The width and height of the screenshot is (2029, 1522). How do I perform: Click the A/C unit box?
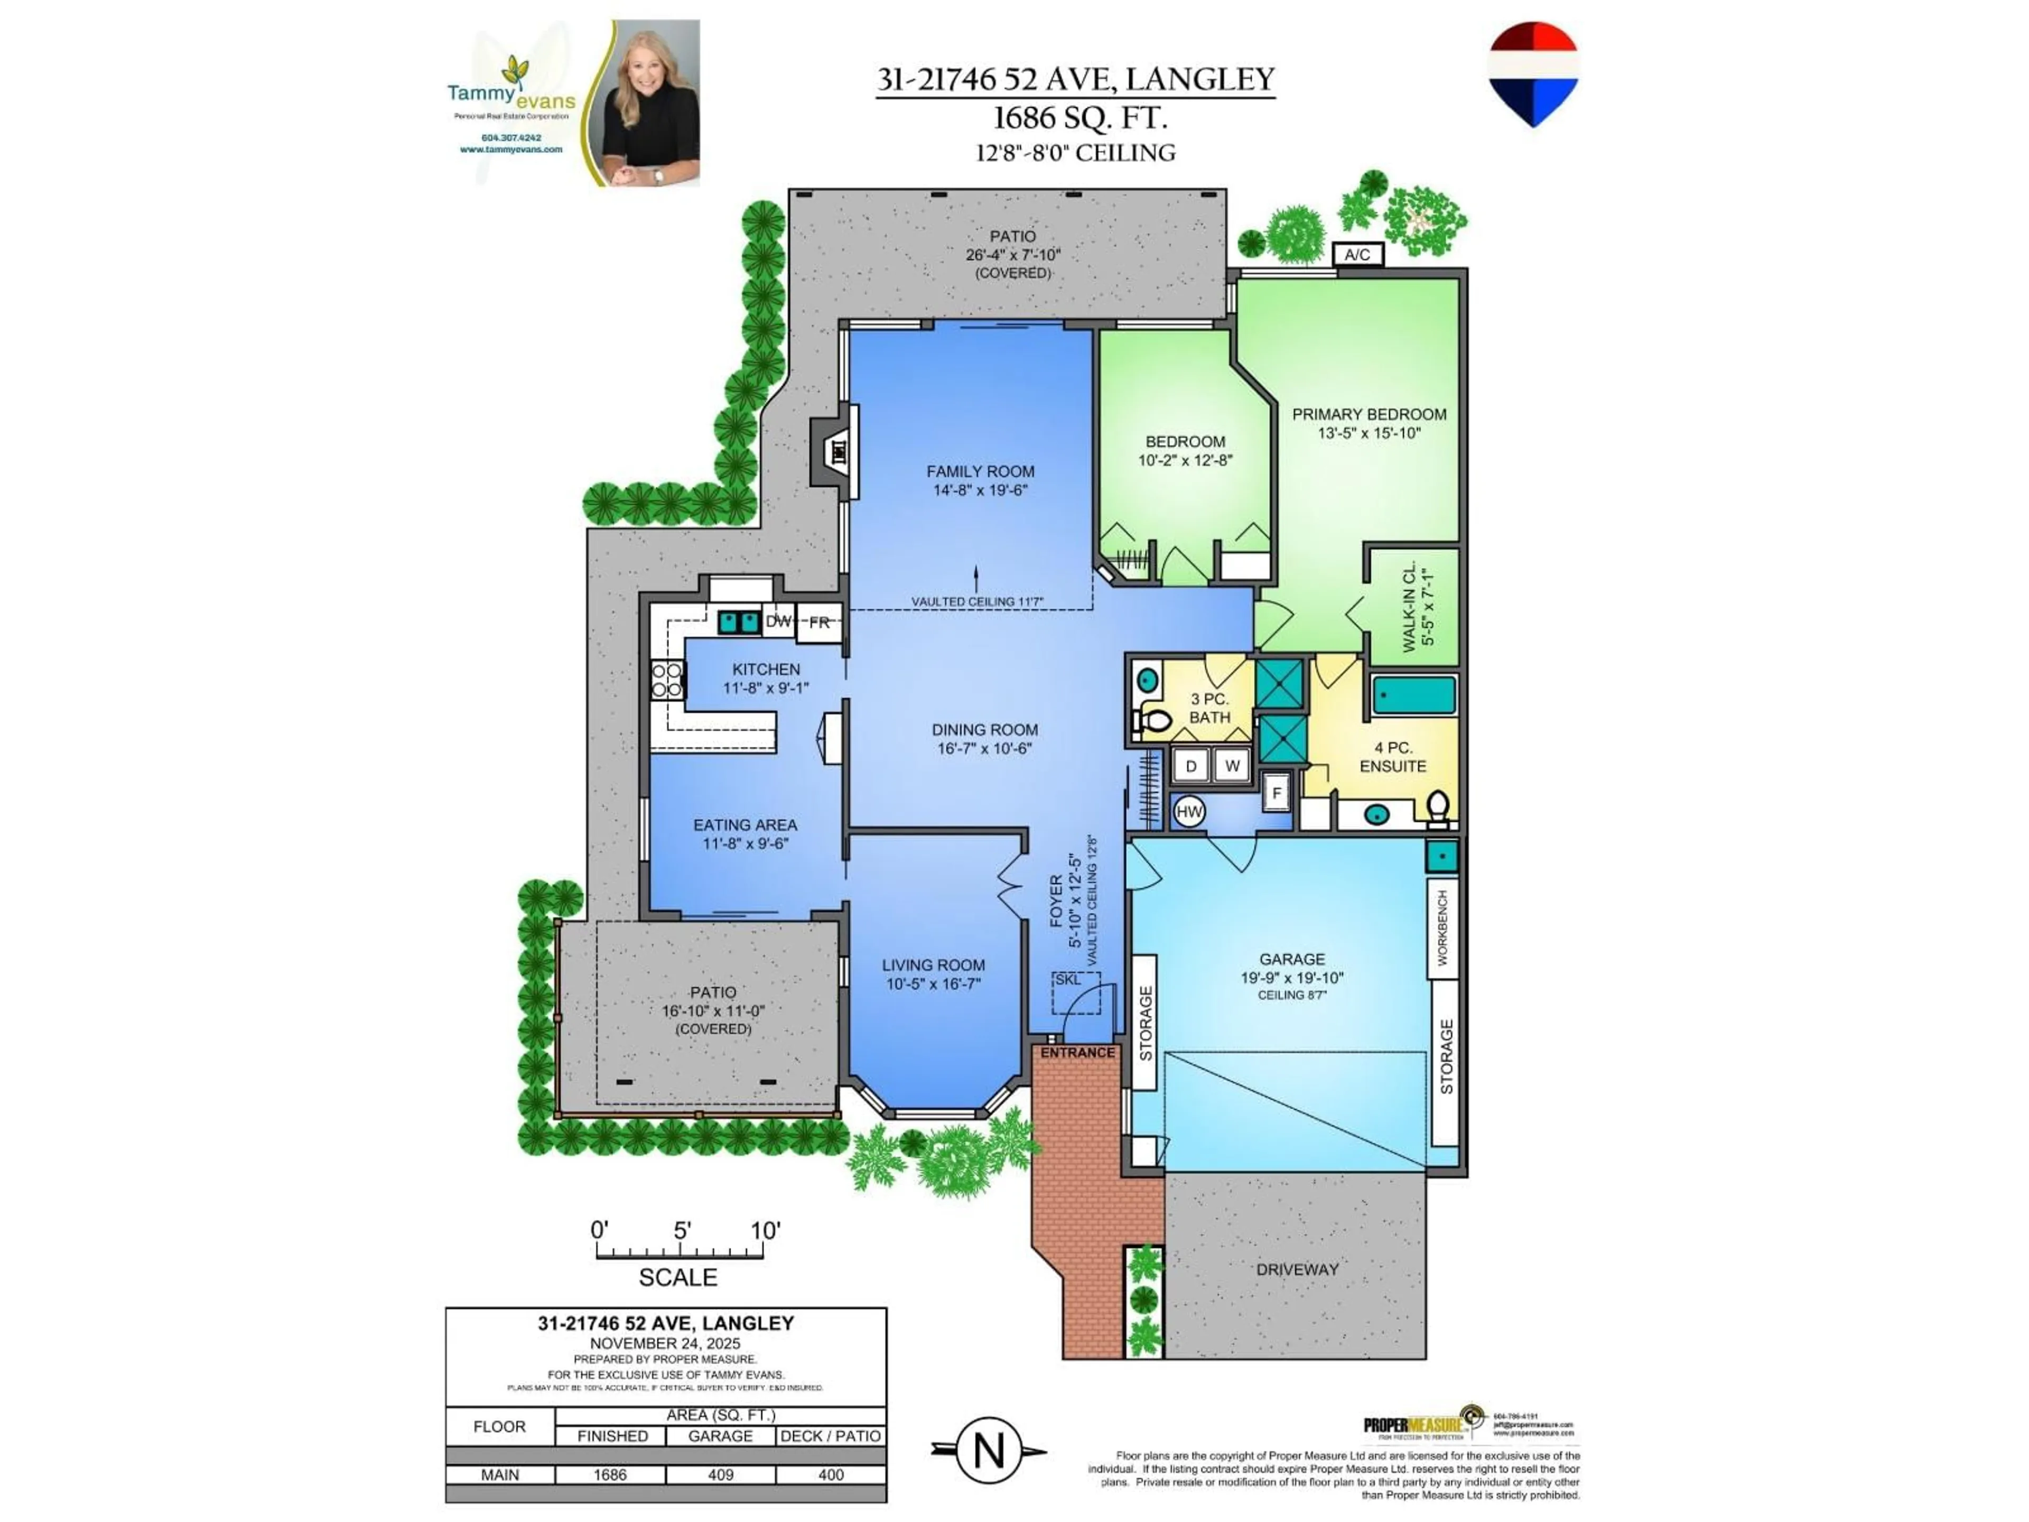click(x=1357, y=254)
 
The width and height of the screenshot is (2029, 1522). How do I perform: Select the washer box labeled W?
click(x=1232, y=765)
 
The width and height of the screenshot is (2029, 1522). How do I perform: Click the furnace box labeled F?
click(x=1276, y=793)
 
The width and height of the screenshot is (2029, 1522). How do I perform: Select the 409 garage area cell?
click(x=720, y=1474)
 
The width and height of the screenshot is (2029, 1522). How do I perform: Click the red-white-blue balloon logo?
click(x=1533, y=73)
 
